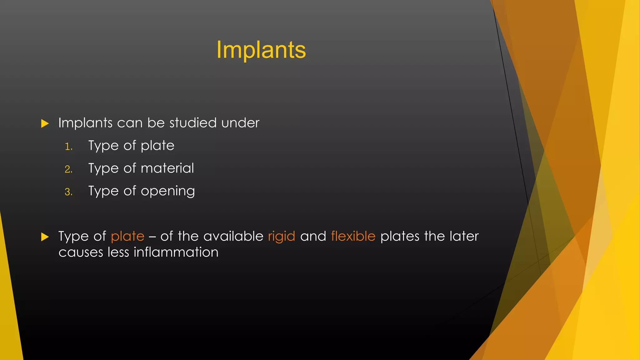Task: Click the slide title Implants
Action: tap(261, 50)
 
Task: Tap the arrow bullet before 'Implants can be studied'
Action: tap(45, 123)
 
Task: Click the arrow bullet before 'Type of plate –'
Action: tap(45, 237)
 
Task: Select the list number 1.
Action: tap(68, 147)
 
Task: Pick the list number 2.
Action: tap(68, 169)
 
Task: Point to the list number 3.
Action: tap(68, 192)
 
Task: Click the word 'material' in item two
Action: tap(167, 168)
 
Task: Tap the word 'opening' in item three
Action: tap(168, 191)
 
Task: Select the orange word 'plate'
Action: tap(127, 237)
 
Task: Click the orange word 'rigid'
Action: tap(282, 237)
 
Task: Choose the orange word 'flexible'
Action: tap(353, 236)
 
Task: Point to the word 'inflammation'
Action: tap(176, 252)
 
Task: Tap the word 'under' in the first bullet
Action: tap(240, 123)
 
